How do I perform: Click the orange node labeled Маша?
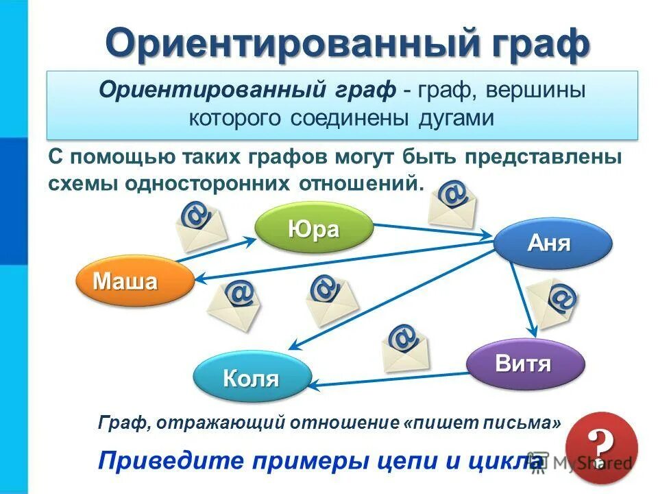[135, 281]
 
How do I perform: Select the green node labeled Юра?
[314, 229]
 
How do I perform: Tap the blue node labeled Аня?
[552, 243]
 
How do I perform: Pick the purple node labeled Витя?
[525, 364]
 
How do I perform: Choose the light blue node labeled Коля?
[252, 378]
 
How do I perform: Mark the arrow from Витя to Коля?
[391, 379]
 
